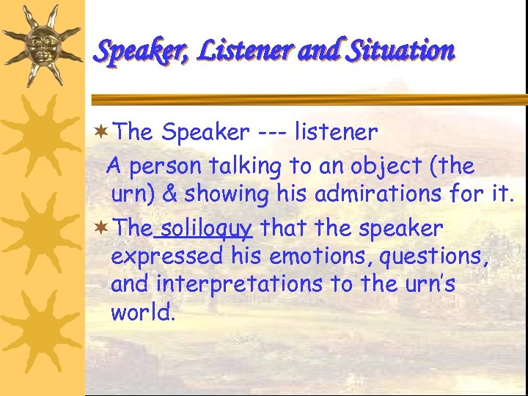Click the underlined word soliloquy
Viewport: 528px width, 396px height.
click(204, 229)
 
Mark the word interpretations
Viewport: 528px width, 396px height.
click(247, 285)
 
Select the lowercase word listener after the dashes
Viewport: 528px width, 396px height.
click(336, 133)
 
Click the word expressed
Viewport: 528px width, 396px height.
click(166, 257)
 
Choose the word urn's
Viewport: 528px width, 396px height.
click(429, 285)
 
